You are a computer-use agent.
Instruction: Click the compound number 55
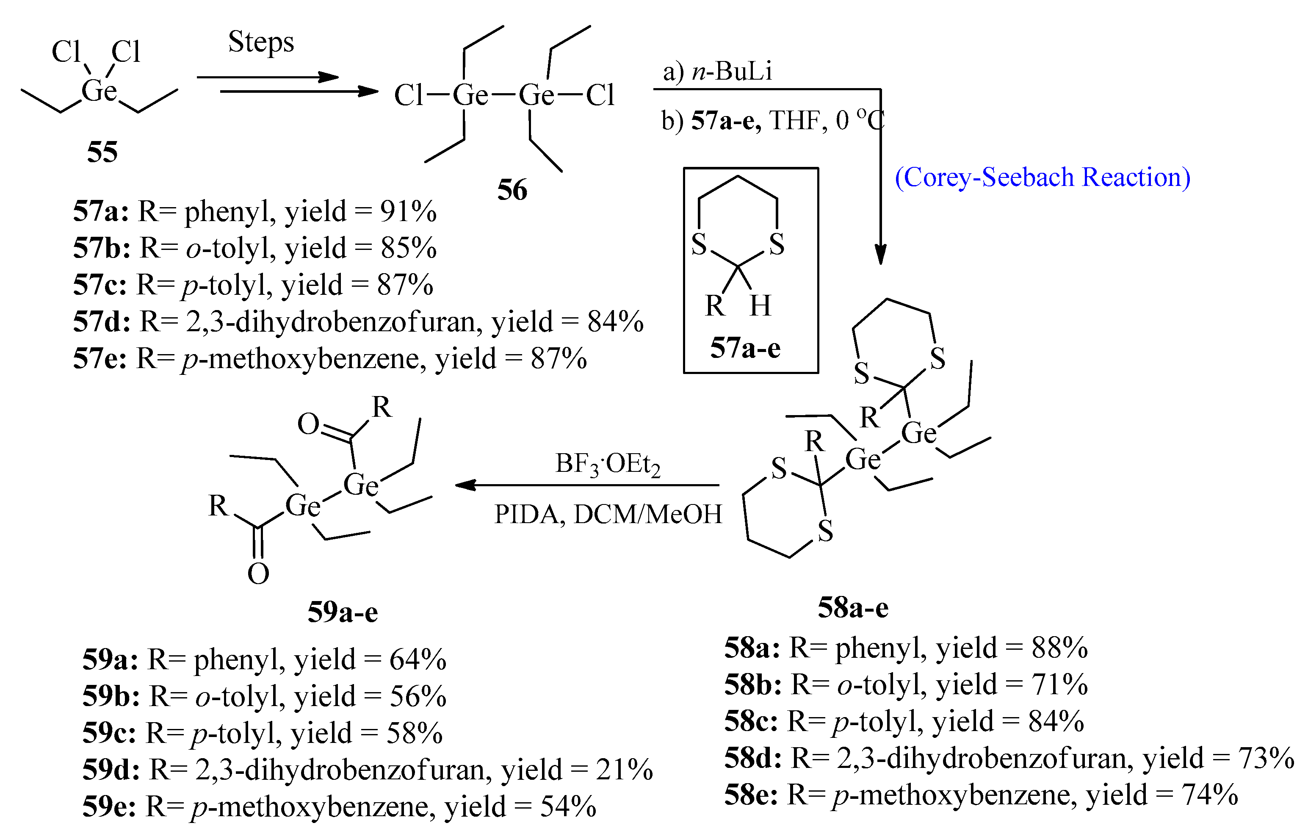point(102,152)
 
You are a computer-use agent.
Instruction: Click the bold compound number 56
point(512,190)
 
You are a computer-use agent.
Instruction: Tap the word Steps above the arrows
point(261,42)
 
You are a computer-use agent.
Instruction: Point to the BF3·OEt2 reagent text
point(607,465)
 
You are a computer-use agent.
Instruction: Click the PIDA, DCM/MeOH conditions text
point(608,514)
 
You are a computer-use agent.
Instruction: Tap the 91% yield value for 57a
point(408,211)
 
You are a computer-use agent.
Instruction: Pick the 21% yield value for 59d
point(624,770)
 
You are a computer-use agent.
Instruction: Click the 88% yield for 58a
point(1059,648)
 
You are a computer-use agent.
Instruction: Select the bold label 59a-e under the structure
point(343,612)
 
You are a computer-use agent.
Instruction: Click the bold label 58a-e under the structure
point(853,607)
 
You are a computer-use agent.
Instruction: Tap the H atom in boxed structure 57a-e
point(760,305)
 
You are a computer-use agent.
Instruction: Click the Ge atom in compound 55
point(99,91)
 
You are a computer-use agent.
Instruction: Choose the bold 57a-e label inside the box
point(745,348)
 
